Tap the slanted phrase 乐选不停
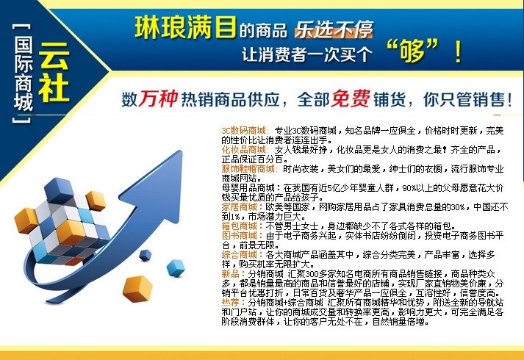tap(334, 29)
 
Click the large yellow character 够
tap(412, 50)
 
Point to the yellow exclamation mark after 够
tap(458, 51)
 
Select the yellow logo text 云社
tap(54, 72)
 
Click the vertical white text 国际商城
tap(23, 73)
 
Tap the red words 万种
tap(158, 98)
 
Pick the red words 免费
tap(351, 98)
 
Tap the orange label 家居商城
tap(240, 207)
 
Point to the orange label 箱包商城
tap(240, 226)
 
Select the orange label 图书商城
tap(240, 235)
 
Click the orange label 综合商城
tap(240, 255)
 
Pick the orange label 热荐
tap(231, 303)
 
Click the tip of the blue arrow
tap(182, 151)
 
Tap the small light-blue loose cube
tap(176, 268)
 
